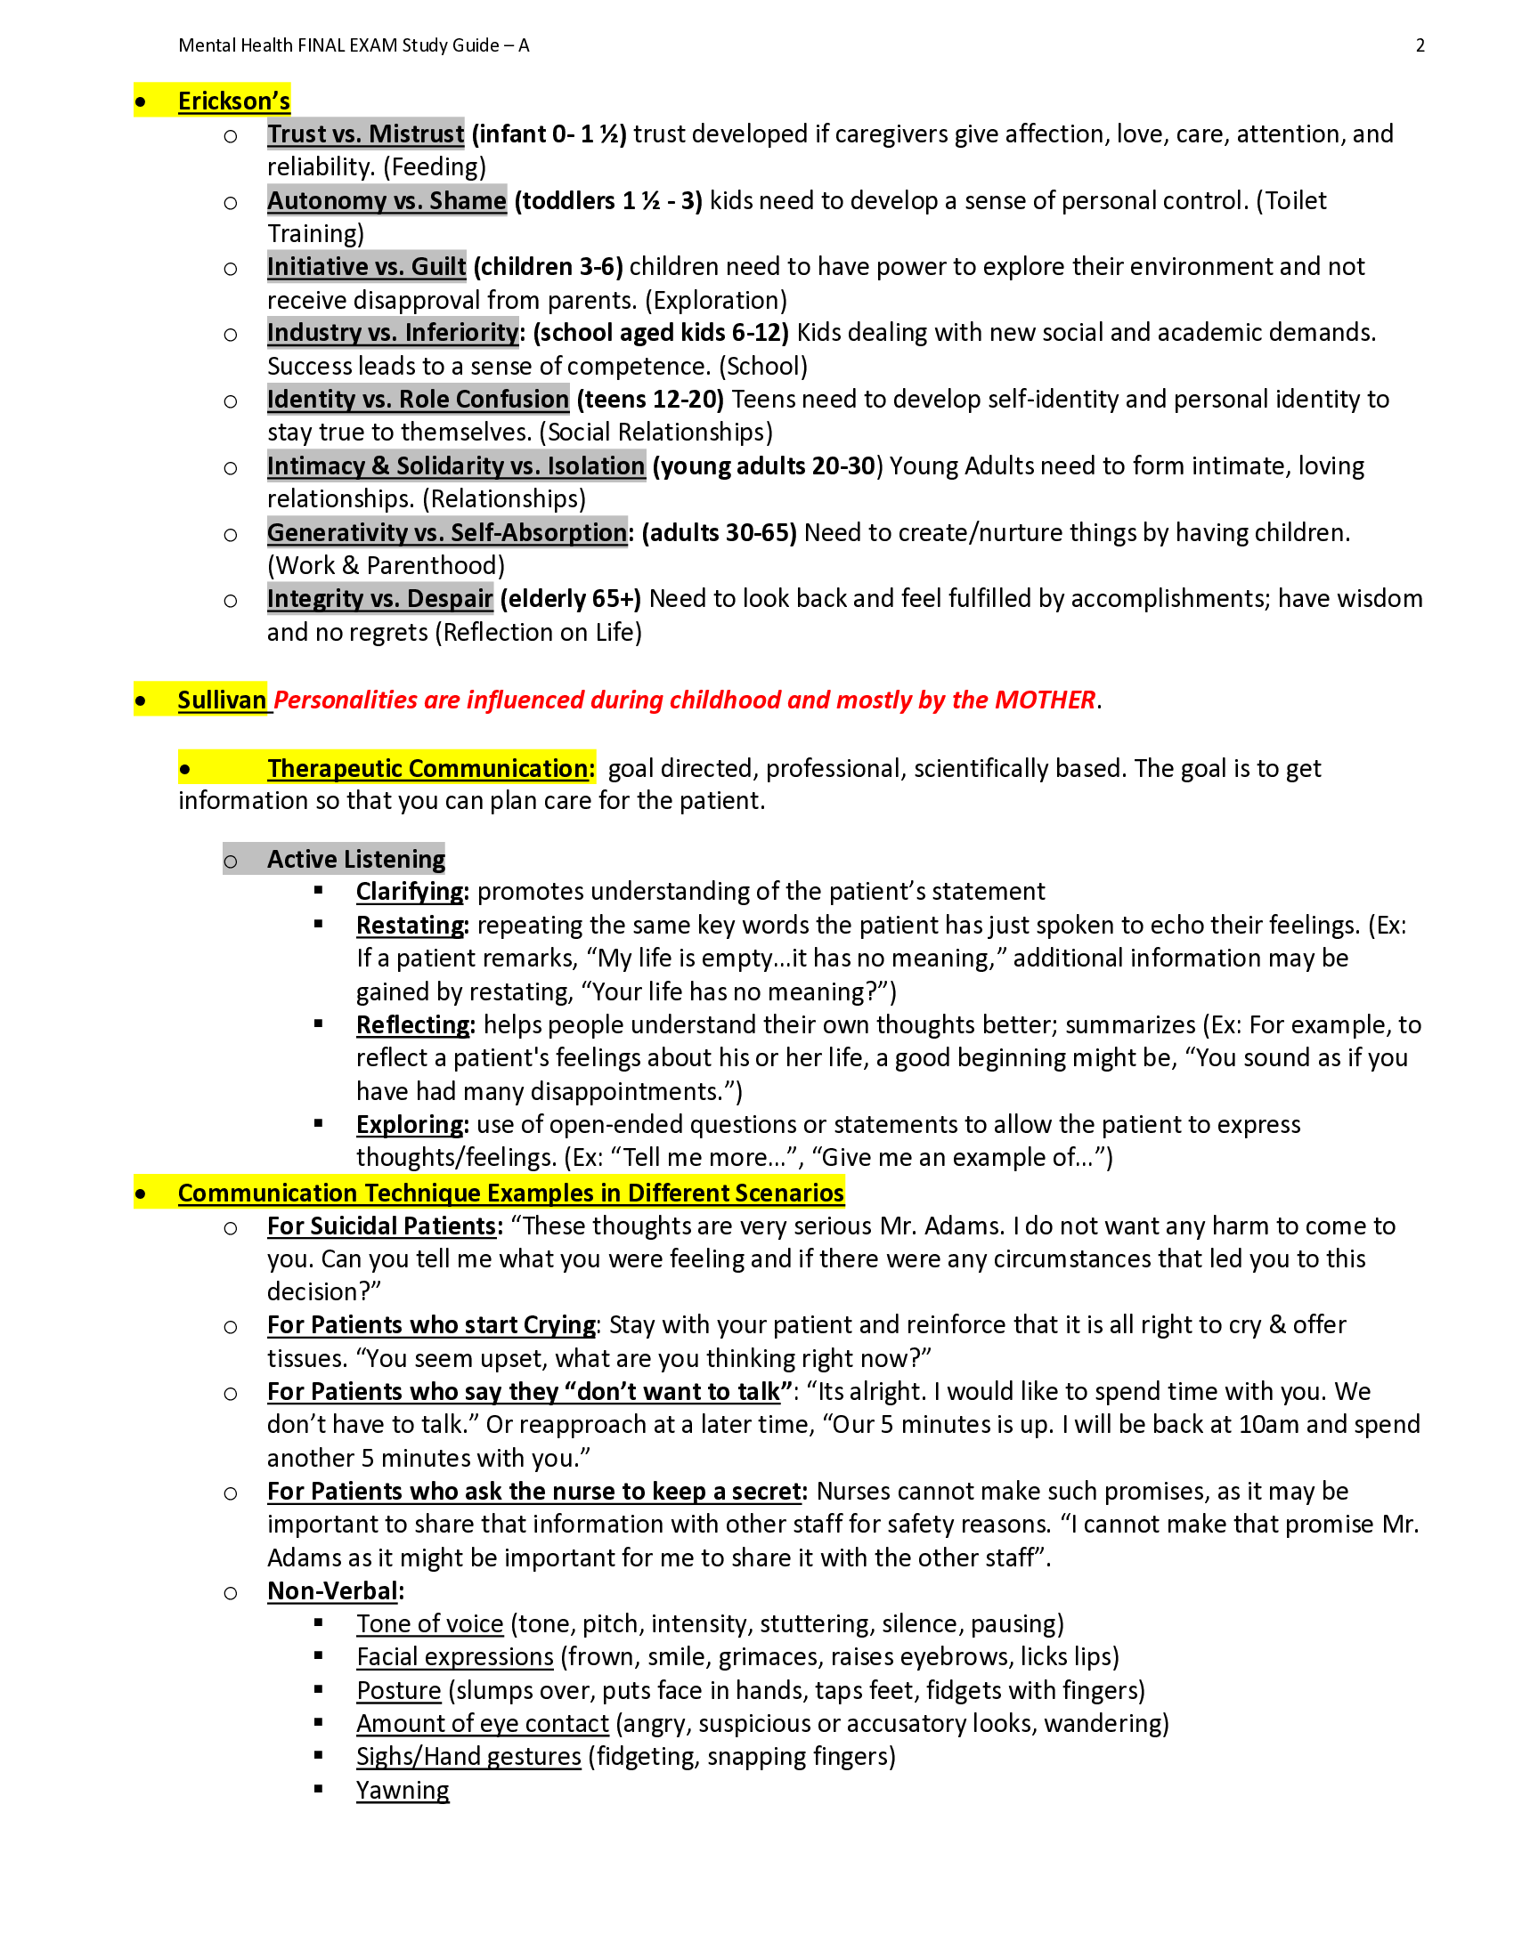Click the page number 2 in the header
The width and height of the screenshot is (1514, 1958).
(1420, 45)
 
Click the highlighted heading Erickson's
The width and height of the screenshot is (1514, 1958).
(233, 101)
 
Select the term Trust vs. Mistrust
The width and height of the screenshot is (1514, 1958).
(365, 134)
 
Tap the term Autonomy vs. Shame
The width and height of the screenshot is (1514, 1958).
(387, 201)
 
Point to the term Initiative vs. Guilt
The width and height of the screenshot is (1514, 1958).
(366, 267)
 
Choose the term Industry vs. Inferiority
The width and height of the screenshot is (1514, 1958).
(393, 333)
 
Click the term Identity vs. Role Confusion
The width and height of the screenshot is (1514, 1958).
(418, 400)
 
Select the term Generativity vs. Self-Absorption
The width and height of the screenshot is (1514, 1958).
(447, 532)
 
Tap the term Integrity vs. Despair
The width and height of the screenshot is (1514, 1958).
(379, 599)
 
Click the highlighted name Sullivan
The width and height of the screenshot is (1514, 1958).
(222, 700)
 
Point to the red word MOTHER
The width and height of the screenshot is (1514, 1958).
(1045, 700)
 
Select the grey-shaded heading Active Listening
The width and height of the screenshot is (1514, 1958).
(355, 860)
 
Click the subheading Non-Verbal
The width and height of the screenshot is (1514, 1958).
(333, 1591)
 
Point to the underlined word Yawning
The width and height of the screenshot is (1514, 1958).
(402, 1791)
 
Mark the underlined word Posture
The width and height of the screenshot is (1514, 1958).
(398, 1691)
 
